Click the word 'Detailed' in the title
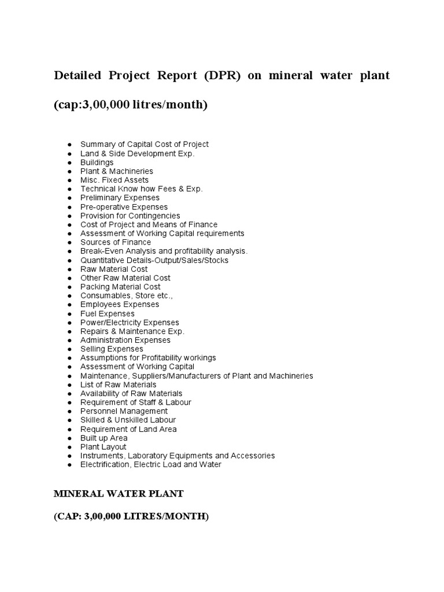[x=77, y=76]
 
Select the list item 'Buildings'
[x=97, y=162]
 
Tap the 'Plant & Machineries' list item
[x=117, y=171]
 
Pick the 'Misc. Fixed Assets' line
[x=114, y=180]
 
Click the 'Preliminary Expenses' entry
[x=120, y=198]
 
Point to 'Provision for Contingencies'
[x=130, y=216]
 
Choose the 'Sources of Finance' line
[x=116, y=242]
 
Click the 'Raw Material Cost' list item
[x=114, y=269]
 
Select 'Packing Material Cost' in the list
[x=120, y=287]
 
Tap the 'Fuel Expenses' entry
[x=108, y=313]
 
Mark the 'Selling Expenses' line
[x=112, y=349]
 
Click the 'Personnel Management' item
[x=124, y=411]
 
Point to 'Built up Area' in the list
[x=104, y=438]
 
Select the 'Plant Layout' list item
[x=103, y=447]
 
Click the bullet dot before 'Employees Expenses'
[x=69, y=305]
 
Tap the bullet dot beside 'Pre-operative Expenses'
[x=69, y=207]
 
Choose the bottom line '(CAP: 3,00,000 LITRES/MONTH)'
[x=131, y=517]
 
